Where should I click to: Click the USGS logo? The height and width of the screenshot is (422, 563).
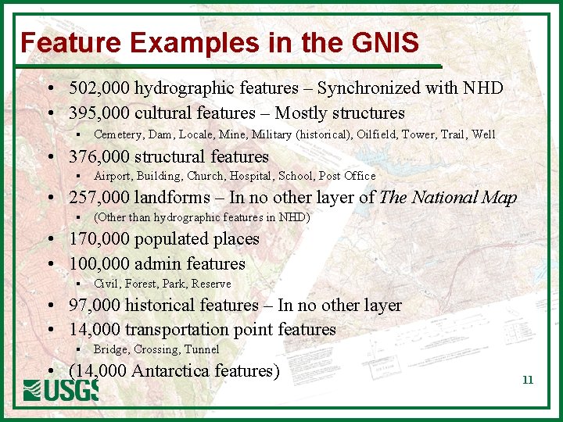61,390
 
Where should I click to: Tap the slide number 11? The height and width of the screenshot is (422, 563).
528,380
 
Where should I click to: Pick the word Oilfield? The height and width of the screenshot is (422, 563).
376,134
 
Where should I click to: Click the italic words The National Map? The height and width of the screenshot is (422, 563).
448,198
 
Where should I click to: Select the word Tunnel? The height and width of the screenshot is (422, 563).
202,349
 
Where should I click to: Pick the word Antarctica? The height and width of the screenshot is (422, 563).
169,370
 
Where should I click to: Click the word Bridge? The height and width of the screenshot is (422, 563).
110,349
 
